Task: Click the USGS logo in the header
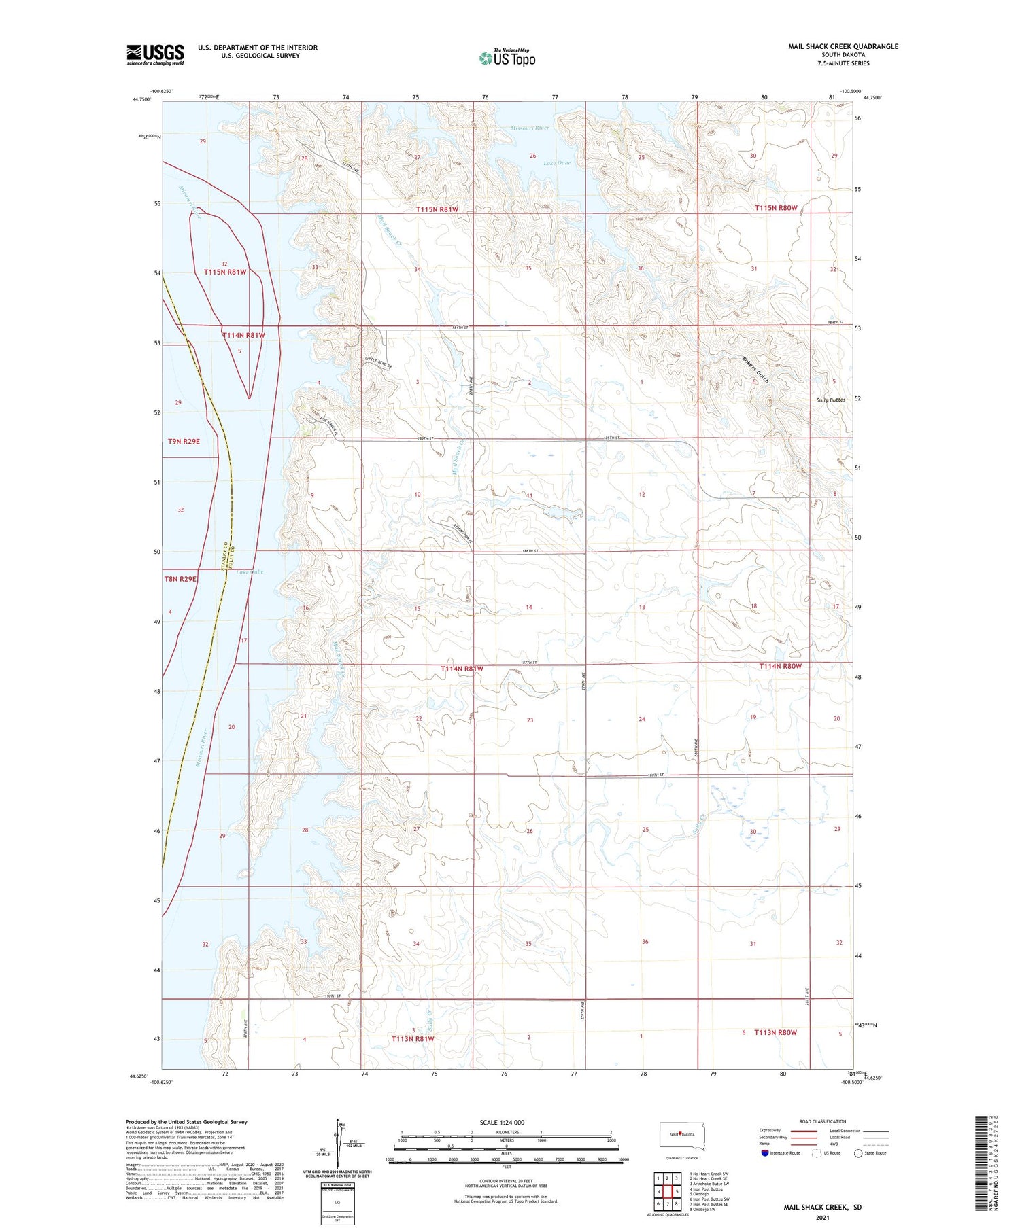click(x=155, y=54)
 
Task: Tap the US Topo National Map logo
click(x=507, y=58)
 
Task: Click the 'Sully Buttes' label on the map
click(x=830, y=400)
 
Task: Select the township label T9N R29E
click(x=184, y=442)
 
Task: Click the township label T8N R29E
click(x=180, y=579)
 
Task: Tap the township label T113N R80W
click(x=775, y=1032)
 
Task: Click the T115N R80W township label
click(x=775, y=208)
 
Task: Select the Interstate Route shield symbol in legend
click(x=764, y=1152)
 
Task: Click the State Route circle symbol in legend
click(x=858, y=1152)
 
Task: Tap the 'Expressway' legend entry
click(x=769, y=1131)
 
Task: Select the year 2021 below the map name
click(x=822, y=1216)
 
